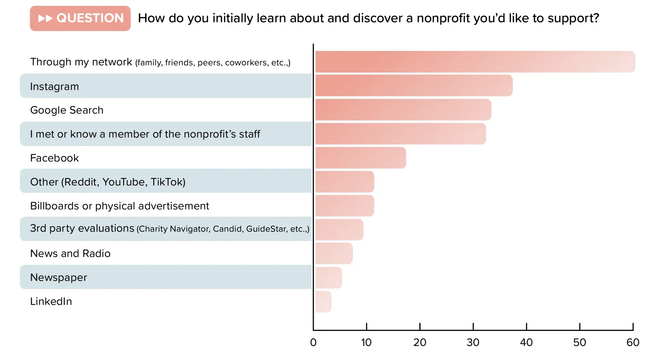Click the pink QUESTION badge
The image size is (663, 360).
click(80, 18)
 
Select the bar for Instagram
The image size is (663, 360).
click(414, 86)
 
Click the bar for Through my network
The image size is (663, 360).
click(475, 62)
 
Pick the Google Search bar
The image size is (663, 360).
click(403, 110)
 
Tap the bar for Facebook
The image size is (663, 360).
click(360, 158)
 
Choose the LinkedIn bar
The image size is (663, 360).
click(323, 301)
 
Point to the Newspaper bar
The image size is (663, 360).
click(328, 278)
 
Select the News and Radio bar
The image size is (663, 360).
click(334, 254)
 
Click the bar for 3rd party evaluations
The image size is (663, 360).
click(339, 230)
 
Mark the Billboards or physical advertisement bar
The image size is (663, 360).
click(344, 206)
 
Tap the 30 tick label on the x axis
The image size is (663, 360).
click(473, 343)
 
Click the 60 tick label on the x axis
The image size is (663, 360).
click(633, 343)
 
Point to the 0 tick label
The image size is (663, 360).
click(313, 343)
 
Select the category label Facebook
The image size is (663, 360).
click(54, 158)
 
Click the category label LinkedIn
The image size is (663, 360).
click(51, 301)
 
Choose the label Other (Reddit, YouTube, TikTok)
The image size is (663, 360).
click(108, 182)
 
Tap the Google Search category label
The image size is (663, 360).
click(67, 110)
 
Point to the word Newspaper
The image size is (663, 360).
click(58, 278)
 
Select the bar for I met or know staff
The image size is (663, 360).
click(400, 134)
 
